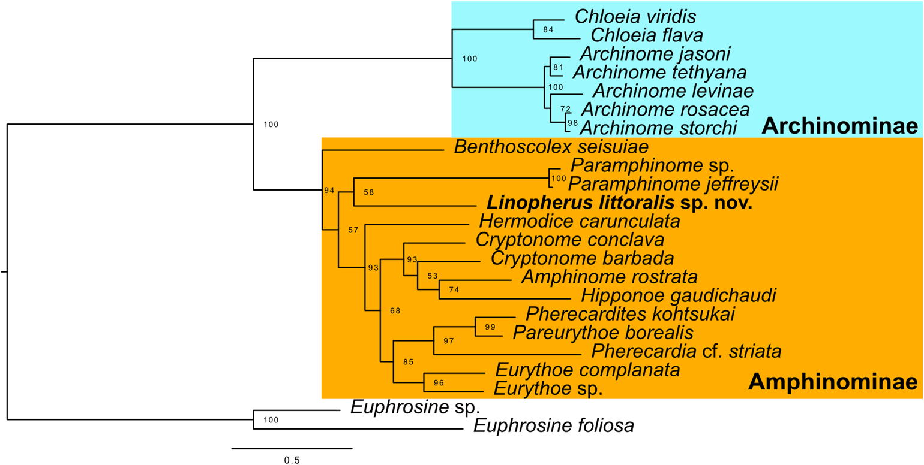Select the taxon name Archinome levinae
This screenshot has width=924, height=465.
click(672, 90)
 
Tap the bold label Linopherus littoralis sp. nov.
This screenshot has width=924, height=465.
click(620, 204)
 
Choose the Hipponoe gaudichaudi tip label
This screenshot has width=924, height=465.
click(679, 295)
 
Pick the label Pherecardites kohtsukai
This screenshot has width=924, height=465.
click(631, 313)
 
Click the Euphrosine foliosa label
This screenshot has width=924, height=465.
click(554, 426)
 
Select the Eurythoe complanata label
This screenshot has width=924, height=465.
click(586, 370)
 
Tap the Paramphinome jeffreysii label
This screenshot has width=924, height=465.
click(673, 183)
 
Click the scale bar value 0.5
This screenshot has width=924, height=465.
click(292, 460)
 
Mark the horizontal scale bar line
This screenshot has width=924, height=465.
click(292, 448)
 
